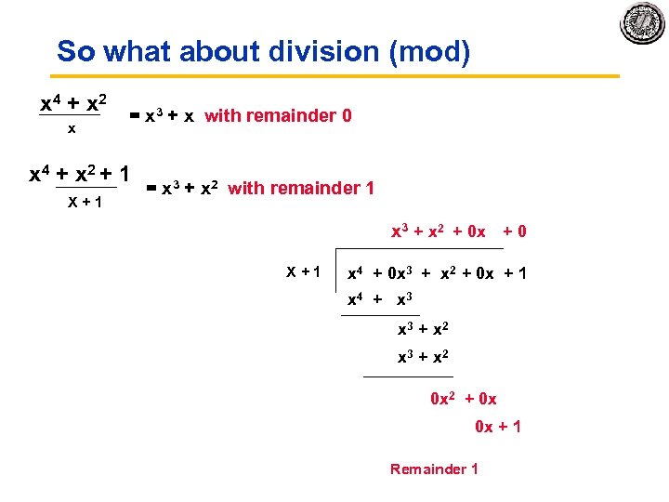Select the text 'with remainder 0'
coord(278,116)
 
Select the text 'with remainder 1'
coord(301,189)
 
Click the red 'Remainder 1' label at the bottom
coord(434,469)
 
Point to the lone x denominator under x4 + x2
coord(72,129)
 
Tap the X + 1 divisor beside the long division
coord(303,272)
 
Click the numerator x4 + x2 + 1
coord(79,173)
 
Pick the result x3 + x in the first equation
coord(162,116)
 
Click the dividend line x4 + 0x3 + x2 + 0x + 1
coord(436,273)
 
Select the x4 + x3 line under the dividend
coord(380,300)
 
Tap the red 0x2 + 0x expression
coord(463,399)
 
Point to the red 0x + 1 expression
coord(498,427)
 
